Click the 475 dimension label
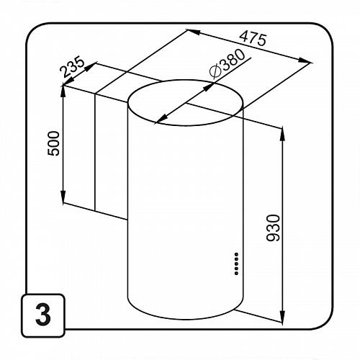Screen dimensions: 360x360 253,39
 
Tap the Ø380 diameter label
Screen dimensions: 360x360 227,63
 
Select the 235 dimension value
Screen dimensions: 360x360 72,66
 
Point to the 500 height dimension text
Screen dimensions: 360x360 53,143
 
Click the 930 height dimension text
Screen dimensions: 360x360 273,228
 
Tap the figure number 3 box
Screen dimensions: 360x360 43,315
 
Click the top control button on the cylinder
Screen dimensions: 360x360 237,254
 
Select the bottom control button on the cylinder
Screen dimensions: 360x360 237,273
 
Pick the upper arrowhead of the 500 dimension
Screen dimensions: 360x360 63,91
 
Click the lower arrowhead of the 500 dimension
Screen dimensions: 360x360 63,197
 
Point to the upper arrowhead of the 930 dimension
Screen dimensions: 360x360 282,135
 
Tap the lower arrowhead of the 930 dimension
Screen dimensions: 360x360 282,316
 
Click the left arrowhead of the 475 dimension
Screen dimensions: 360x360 194,32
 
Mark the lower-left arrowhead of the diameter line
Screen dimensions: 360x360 161,119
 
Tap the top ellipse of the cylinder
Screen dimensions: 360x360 186,80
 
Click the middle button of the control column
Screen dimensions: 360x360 237,264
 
